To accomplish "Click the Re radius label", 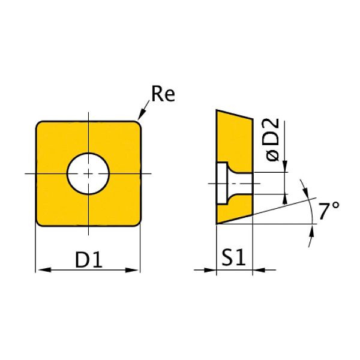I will click(163, 95).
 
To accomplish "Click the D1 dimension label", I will click(89, 260).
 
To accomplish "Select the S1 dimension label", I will click(235, 259).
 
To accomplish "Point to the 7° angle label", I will click(329, 212).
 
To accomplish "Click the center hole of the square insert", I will click(88, 173).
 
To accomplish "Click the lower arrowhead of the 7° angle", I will click(313, 232).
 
